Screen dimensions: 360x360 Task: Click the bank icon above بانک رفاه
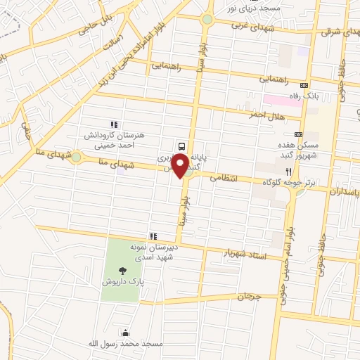click(x=304, y=84)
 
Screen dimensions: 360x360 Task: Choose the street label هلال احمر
click(x=266, y=114)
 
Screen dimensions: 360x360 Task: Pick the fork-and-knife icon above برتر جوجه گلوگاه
click(x=288, y=171)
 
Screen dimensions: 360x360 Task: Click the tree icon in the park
click(x=124, y=268)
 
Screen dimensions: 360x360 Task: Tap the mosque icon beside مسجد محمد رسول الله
click(x=125, y=333)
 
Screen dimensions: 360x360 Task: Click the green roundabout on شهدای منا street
click(x=76, y=157)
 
